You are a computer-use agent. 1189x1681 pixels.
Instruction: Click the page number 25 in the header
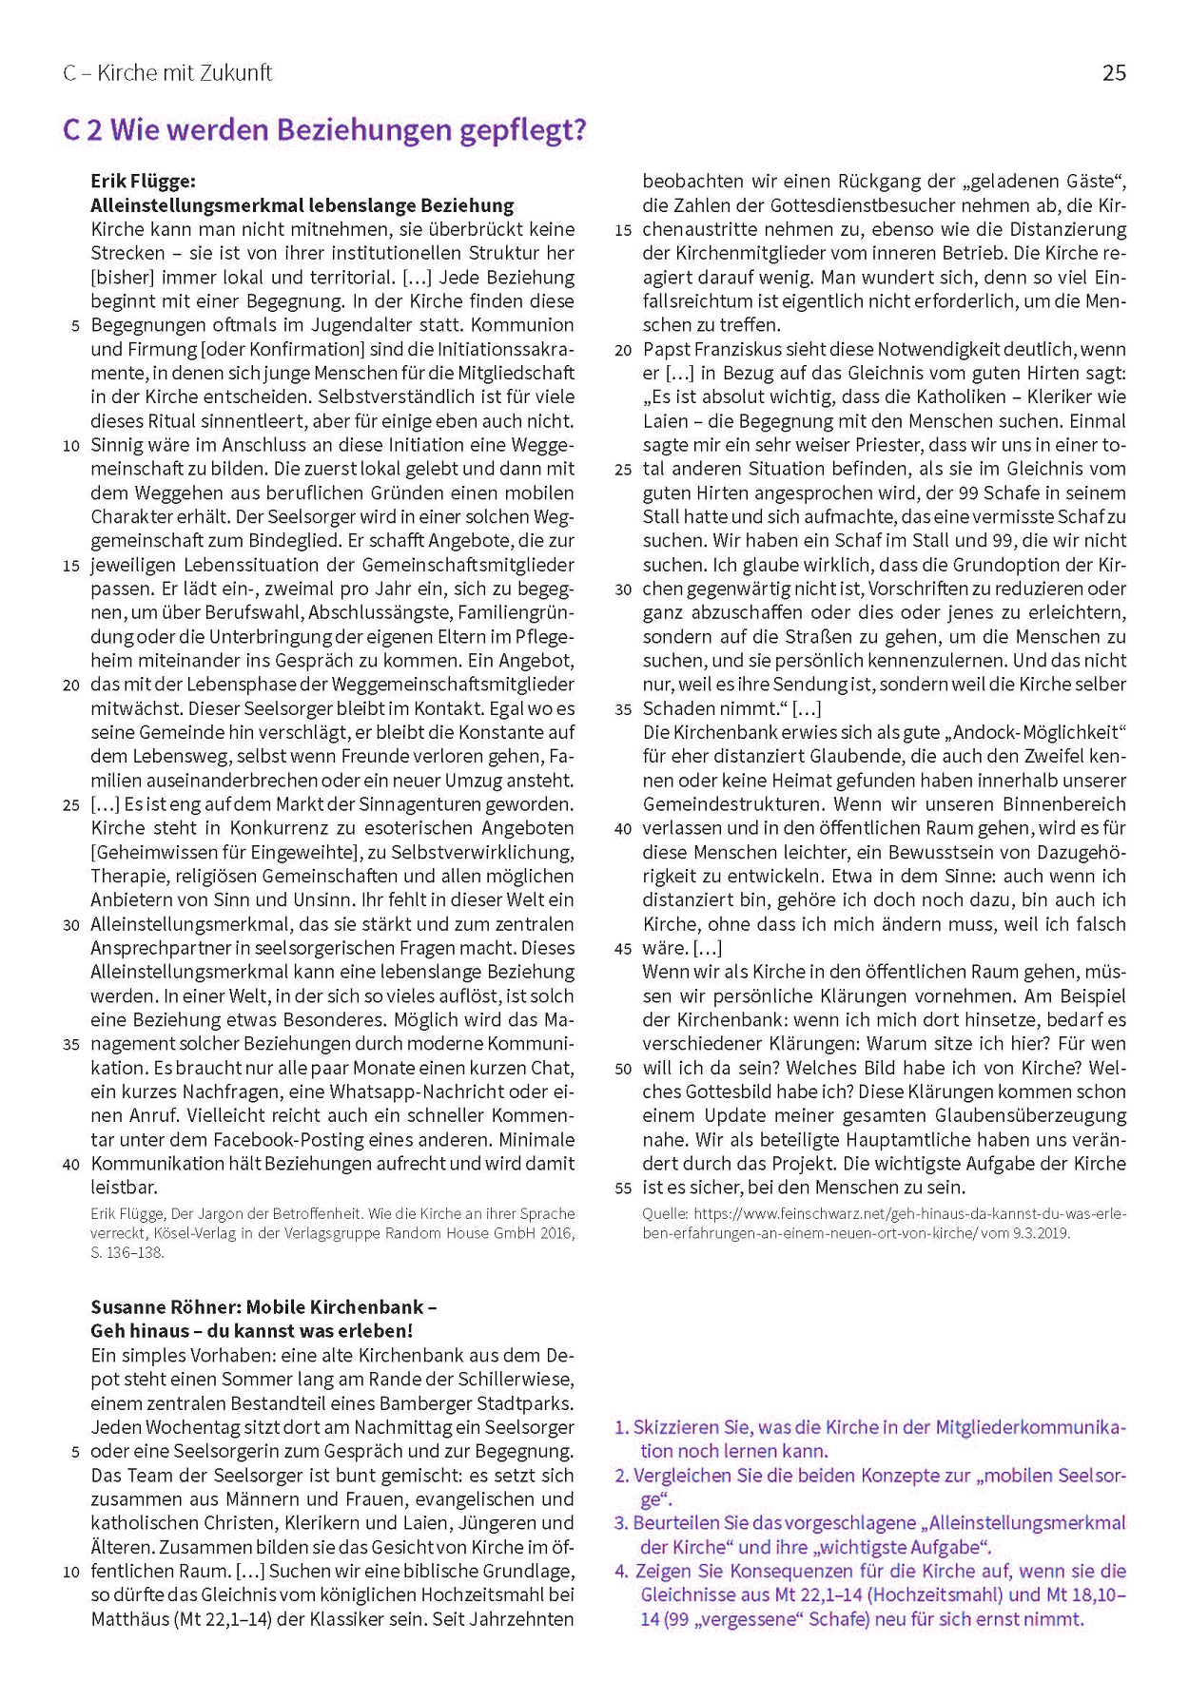point(1114,73)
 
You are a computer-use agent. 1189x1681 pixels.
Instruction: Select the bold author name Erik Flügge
point(143,181)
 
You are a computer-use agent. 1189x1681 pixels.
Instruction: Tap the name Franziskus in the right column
point(732,349)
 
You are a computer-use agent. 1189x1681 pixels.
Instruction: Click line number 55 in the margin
point(623,1188)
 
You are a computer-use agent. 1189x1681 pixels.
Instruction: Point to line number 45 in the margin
point(623,949)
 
